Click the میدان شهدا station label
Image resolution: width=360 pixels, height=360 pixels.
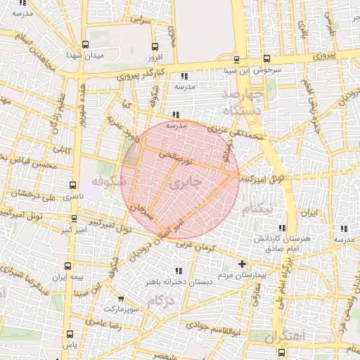(x=89, y=55)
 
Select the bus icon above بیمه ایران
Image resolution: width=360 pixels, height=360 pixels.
(x=67, y=266)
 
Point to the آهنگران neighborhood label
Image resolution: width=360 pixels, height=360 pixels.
(x=286, y=337)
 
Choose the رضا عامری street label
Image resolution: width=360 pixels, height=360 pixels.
(x=102, y=324)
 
